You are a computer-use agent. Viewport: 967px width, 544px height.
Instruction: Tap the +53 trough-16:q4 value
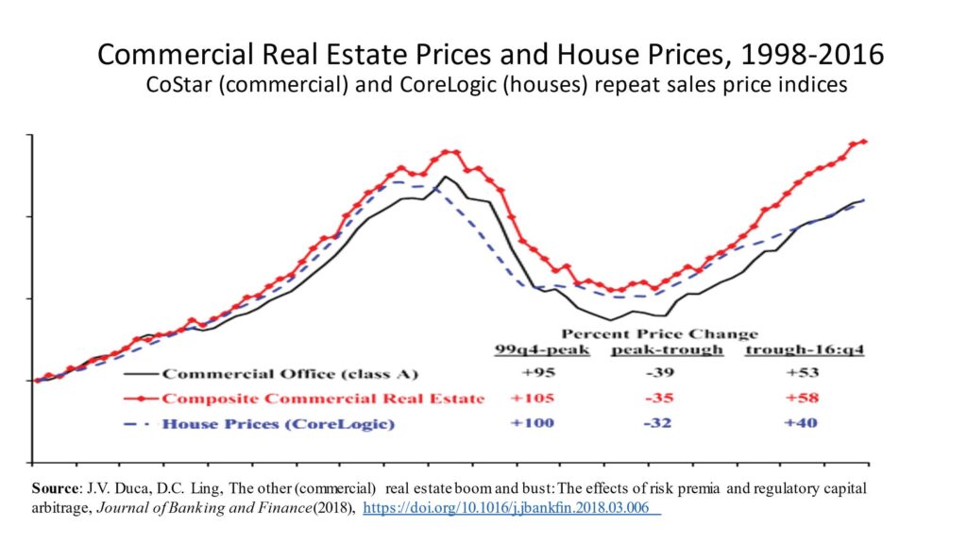(x=795, y=372)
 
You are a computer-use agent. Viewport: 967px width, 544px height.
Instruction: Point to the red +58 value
(x=795, y=398)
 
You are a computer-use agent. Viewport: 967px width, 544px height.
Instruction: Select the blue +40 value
(x=795, y=423)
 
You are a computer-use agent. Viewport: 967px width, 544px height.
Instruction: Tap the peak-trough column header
(x=667, y=349)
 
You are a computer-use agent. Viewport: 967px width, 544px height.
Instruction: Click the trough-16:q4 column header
(x=805, y=349)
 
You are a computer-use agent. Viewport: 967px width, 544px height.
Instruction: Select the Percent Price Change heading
(x=659, y=333)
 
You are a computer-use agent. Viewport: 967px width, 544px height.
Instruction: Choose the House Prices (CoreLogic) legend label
(x=278, y=424)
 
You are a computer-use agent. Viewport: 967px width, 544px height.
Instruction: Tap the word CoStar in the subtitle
(x=175, y=85)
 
